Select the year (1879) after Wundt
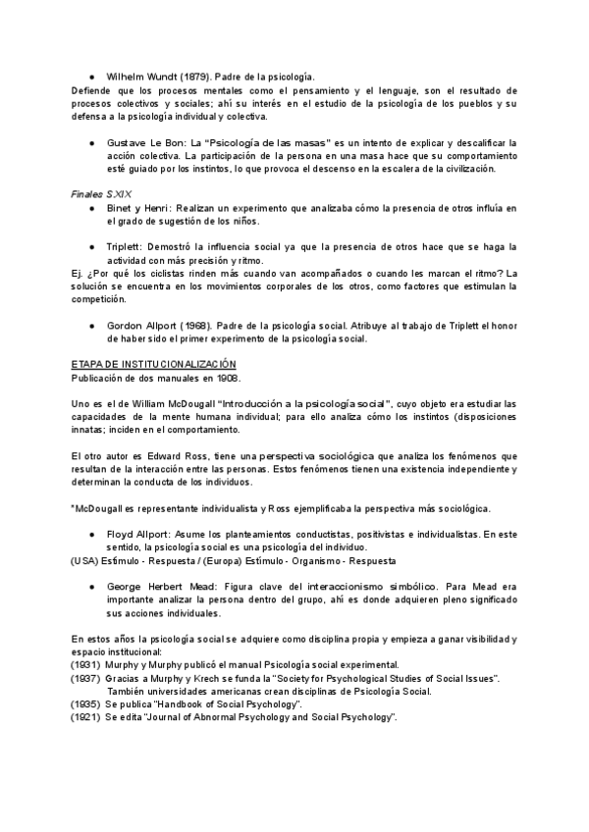click(x=194, y=76)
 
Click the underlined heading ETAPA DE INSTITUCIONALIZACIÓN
click(x=154, y=363)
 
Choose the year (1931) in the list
click(x=85, y=664)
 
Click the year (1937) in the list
click(x=85, y=678)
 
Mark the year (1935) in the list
click(x=85, y=704)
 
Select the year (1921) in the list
click(x=85, y=718)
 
